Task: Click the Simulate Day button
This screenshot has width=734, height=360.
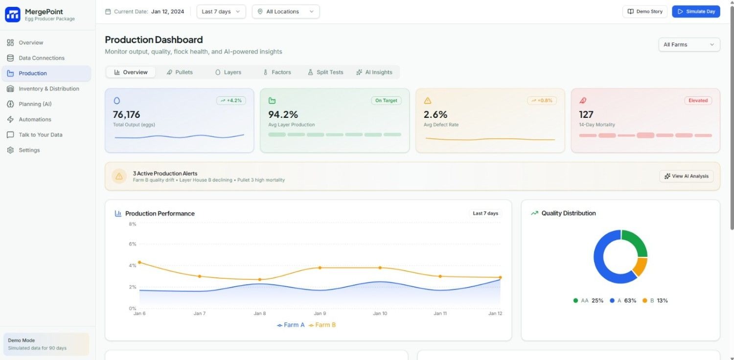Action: (x=696, y=12)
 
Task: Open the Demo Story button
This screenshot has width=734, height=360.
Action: (x=644, y=12)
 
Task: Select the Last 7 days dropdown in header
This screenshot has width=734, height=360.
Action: (x=221, y=12)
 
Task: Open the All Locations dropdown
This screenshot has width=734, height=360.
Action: (x=286, y=12)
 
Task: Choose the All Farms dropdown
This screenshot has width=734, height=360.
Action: (x=689, y=45)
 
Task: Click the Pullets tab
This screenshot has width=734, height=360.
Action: (x=180, y=72)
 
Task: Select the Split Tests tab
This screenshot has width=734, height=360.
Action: (x=325, y=72)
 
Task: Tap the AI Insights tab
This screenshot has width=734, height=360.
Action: (x=374, y=72)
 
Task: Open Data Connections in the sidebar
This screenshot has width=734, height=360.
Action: (x=42, y=58)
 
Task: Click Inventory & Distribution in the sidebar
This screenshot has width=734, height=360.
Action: (x=48, y=89)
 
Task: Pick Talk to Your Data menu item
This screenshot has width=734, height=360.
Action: (x=40, y=135)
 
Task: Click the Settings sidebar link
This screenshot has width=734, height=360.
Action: (x=29, y=150)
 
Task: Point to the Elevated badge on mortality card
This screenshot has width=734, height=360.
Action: (x=698, y=101)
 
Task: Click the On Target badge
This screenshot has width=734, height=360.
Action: (x=386, y=101)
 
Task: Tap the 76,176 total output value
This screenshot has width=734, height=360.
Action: (x=127, y=115)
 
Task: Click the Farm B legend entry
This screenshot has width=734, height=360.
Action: (x=322, y=325)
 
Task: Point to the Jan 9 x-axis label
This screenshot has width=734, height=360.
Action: (x=320, y=314)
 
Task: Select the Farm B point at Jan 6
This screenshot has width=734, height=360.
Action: (x=139, y=262)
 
